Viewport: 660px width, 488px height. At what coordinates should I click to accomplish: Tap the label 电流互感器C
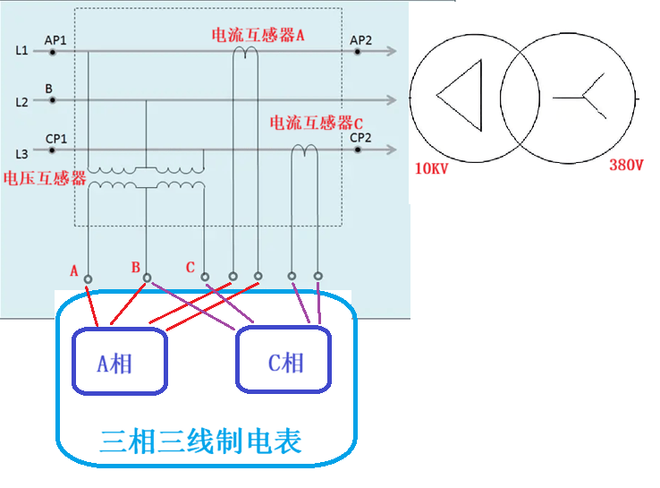(317, 122)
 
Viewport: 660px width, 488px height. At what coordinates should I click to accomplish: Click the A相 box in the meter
(120, 362)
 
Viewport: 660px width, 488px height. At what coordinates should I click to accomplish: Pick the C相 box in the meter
(283, 362)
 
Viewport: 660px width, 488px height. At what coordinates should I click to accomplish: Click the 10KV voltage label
(431, 168)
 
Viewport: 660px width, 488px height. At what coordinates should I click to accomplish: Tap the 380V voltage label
(626, 166)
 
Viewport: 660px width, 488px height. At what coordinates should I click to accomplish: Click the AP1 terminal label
(55, 41)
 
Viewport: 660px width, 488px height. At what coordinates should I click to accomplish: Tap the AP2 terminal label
(361, 40)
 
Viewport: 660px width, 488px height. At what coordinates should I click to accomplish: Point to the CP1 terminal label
(55, 138)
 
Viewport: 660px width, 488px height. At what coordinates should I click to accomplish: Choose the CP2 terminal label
(360, 138)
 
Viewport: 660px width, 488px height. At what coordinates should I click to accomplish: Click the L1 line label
(22, 52)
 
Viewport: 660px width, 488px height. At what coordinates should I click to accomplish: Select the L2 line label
(22, 102)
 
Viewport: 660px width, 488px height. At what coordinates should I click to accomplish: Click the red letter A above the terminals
(74, 270)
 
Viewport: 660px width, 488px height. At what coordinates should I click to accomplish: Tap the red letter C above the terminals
(190, 267)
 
